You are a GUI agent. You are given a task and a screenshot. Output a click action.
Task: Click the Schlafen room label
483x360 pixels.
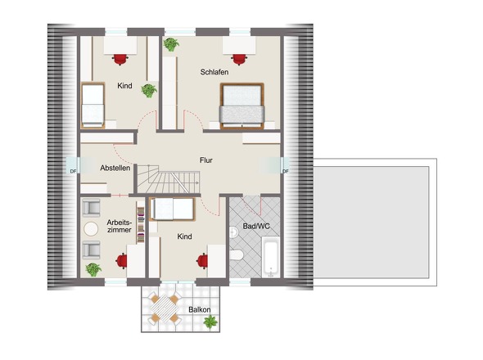tap(214, 72)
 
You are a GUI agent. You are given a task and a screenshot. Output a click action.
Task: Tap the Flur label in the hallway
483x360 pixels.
tap(206, 160)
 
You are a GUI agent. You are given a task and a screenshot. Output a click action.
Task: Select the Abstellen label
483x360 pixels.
tap(115, 168)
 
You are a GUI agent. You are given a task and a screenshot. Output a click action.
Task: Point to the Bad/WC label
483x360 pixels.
tap(256, 227)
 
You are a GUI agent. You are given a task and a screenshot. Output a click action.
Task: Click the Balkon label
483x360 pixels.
tap(200, 309)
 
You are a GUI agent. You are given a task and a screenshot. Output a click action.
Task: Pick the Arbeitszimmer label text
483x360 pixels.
tap(120, 226)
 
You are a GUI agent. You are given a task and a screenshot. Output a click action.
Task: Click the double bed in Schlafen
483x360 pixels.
tap(242, 106)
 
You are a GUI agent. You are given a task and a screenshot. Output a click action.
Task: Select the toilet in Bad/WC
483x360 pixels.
tap(237, 254)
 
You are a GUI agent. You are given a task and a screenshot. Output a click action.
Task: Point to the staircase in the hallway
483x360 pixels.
tap(168, 179)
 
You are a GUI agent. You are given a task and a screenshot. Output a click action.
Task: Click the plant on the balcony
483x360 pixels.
tap(210, 322)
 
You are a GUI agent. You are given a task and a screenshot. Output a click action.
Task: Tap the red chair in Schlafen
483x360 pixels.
tap(239, 60)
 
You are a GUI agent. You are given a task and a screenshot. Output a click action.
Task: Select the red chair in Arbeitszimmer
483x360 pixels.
tap(122, 261)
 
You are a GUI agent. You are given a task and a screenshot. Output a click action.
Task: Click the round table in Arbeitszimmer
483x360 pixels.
tap(91, 229)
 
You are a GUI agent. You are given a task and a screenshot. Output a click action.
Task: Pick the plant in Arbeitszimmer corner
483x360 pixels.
tap(93, 269)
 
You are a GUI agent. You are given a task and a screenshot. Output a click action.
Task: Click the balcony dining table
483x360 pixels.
tap(165, 308)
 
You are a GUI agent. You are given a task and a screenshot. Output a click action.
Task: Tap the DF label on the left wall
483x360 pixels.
tap(73, 171)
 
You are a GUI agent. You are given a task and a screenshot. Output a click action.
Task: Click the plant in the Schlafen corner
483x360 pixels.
tap(171, 44)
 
